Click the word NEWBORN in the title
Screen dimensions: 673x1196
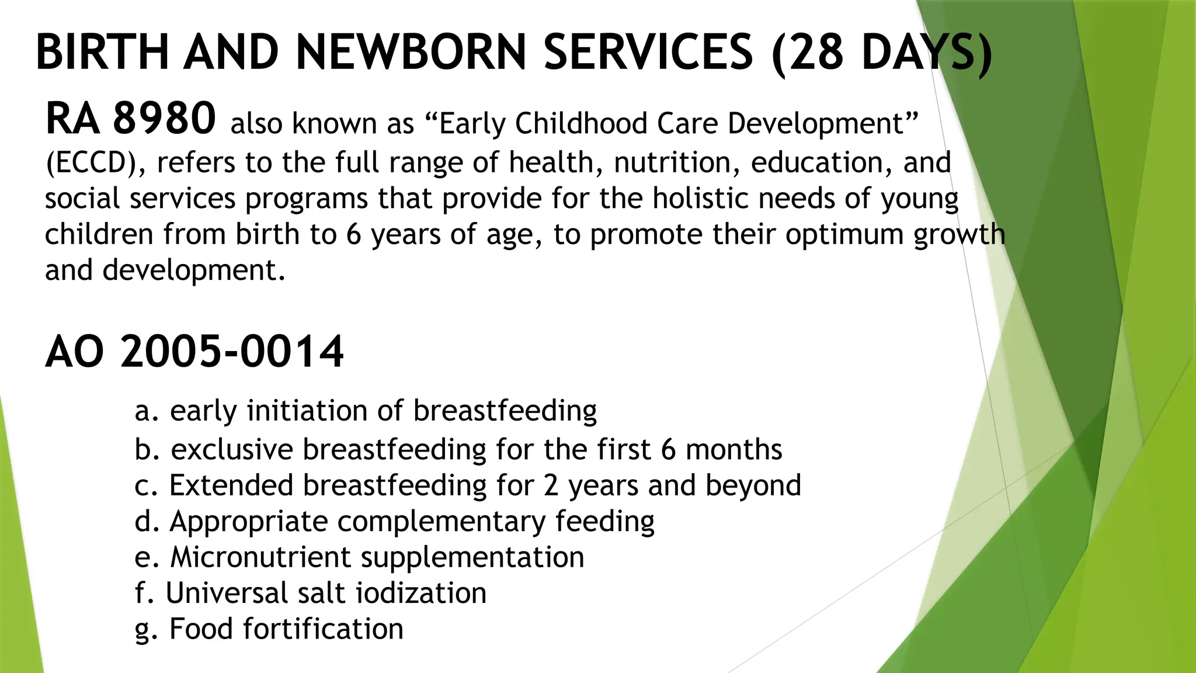[411, 53]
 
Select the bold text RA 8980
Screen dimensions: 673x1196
[131, 119]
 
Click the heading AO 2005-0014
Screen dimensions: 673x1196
[194, 352]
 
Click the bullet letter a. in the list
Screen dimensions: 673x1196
[147, 411]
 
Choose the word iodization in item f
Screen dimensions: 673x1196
[421, 594]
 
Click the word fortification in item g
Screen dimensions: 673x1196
[323, 630]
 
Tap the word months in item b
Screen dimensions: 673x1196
[733, 450]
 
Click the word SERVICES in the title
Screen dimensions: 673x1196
[648, 53]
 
